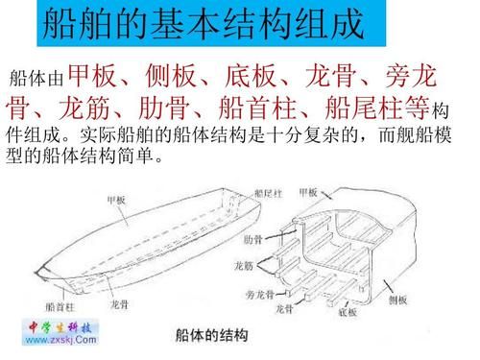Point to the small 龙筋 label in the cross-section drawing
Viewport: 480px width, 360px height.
pos(244,264)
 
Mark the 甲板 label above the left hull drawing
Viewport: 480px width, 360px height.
pos(116,199)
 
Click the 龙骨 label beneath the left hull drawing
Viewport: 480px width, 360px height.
pos(121,305)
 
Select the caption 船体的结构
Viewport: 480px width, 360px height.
pos(211,335)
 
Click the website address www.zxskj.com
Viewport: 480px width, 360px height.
pos(55,340)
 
